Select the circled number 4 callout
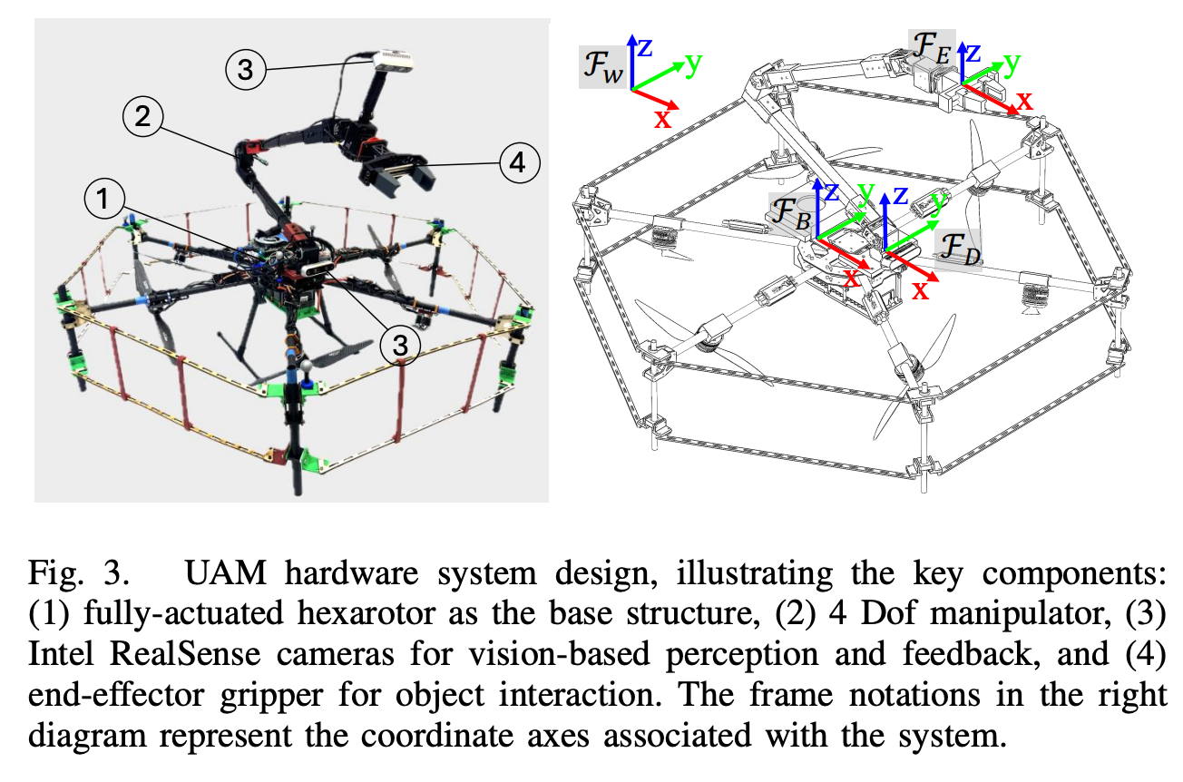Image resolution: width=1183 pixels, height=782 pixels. (518, 164)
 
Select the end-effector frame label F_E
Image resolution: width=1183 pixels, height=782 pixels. (930, 44)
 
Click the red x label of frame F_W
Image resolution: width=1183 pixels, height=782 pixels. (663, 118)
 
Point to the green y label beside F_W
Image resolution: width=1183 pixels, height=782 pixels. (694, 63)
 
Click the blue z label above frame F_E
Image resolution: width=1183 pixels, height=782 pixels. (973, 52)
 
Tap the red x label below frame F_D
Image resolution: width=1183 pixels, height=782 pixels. (920, 290)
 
